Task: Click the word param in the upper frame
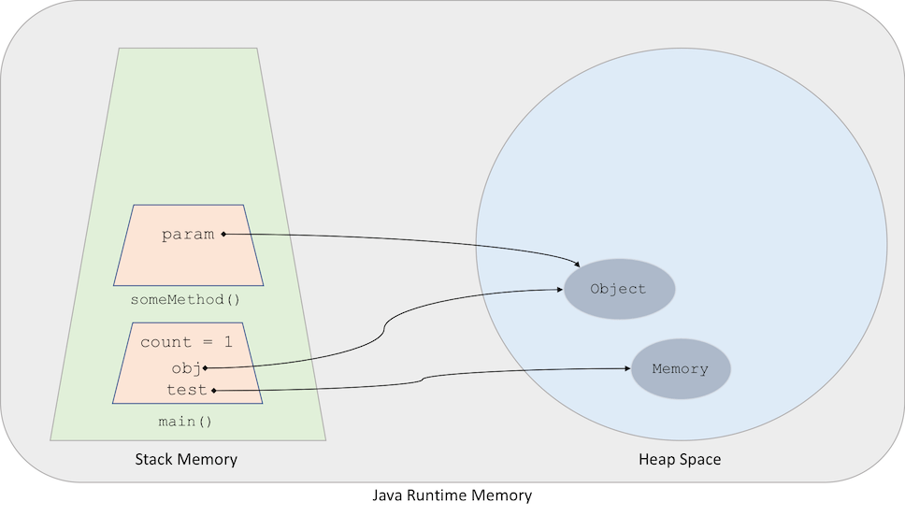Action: tap(188, 234)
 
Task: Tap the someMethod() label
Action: tap(185, 299)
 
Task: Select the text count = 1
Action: tap(186, 342)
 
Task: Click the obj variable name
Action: tap(185, 367)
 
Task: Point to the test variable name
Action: tap(186, 390)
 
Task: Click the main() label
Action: tap(185, 422)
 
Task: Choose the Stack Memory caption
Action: tap(186, 459)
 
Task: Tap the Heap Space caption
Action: tap(680, 459)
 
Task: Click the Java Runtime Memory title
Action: tap(452, 495)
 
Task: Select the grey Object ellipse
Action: tap(619, 289)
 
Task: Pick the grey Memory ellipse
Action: tap(681, 368)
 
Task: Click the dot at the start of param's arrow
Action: tap(223, 234)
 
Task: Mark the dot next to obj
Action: tap(205, 368)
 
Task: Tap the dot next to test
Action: tap(214, 390)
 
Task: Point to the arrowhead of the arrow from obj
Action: tap(559, 290)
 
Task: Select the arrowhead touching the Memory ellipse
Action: tap(626, 368)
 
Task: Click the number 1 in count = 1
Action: tap(227, 342)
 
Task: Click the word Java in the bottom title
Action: tap(388, 495)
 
